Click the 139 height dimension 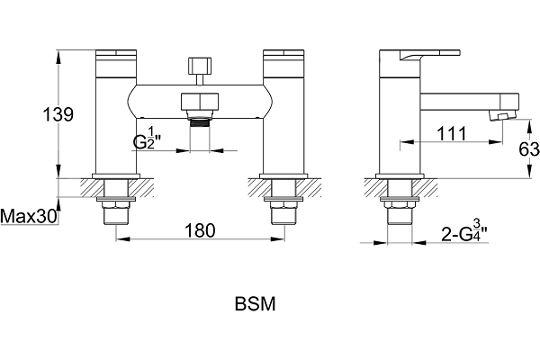(x=58, y=114)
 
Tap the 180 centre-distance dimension (x=200, y=230)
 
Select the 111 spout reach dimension (x=452, y=133)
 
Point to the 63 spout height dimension (x=529, y=148)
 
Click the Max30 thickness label (x=29, y=216)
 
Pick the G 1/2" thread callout (x=148, y=138)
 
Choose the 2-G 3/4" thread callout (x=464, y=230)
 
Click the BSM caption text (x=256, y=304)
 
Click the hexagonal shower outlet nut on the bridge (x=200, y=102)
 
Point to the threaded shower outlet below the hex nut (x=200, y=122)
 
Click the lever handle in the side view (x=430, y=54)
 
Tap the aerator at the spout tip (x=502, y=116)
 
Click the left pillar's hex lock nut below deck (x=116, y=205)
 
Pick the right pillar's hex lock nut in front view (x=284, y=205)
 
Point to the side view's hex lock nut (x=400, y=205)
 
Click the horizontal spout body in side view (x=470, y=102)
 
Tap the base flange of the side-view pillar (x=400, y=176)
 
